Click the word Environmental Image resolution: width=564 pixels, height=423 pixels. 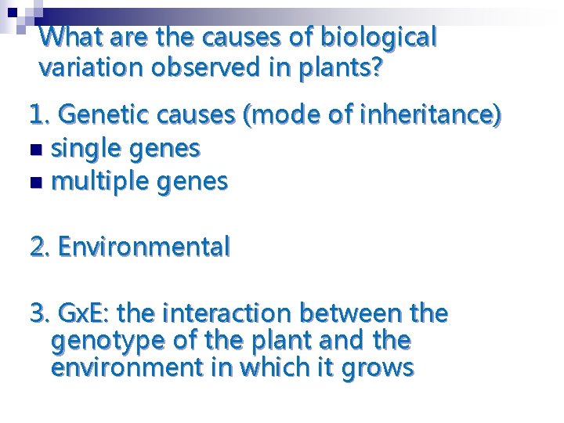(x=144, y=248)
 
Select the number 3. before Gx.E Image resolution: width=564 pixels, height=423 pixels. (x=40, y=314)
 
